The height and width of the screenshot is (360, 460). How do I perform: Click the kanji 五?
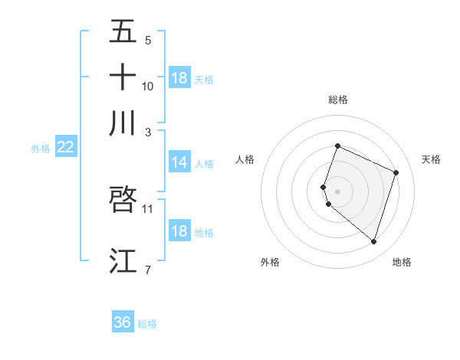tap(123, 32)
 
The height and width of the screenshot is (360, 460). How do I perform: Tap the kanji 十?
tap(123, 77)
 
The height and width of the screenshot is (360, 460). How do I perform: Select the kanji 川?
tap(123, 123)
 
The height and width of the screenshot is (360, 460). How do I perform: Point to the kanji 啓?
tap(123, 199)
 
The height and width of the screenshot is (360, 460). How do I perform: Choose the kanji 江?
tap(123, 261)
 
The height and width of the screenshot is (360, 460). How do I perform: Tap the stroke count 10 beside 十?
tap(148, 87)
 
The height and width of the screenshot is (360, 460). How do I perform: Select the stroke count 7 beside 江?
tap(147, 270)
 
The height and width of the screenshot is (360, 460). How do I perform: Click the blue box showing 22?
tap(65, 147)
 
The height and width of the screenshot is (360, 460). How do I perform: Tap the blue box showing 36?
tap(122, 322)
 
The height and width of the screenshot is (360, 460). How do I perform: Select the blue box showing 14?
tap(179, 162)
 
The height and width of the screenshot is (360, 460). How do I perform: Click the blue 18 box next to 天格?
tap(179, 78)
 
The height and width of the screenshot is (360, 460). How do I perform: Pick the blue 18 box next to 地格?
tap(179, 231)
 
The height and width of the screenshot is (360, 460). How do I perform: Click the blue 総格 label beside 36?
tap(147, 324)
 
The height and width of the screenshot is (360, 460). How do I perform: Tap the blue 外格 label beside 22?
tap(41, 149)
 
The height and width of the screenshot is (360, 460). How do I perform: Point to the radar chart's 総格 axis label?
tap(337, 100)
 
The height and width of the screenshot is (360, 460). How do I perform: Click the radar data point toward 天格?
tap(396, 172)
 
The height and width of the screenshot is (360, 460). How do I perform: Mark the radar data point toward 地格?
tap(373, 241)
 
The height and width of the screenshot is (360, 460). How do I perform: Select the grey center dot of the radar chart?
tap(337, 191)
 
